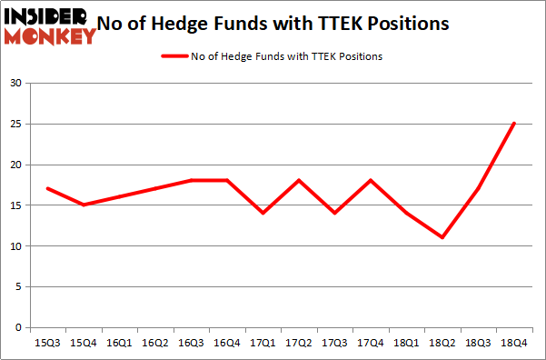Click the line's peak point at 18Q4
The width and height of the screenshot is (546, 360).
point(513,124)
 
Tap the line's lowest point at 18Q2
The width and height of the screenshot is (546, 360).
point(442,237)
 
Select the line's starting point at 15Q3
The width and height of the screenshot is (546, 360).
point(47,188)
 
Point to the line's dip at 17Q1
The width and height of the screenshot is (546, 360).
point(263,213)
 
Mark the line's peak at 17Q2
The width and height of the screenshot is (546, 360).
point(298,180)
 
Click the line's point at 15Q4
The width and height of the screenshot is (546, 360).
point(83,205)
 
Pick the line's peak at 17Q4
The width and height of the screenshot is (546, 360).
point(370,180)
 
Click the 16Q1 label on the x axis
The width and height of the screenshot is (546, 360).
point(119,345)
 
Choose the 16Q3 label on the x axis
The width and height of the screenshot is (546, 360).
point(191,345)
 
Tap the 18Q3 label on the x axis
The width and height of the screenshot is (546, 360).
point(478,345)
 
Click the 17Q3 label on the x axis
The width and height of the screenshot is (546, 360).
point(334,345)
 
